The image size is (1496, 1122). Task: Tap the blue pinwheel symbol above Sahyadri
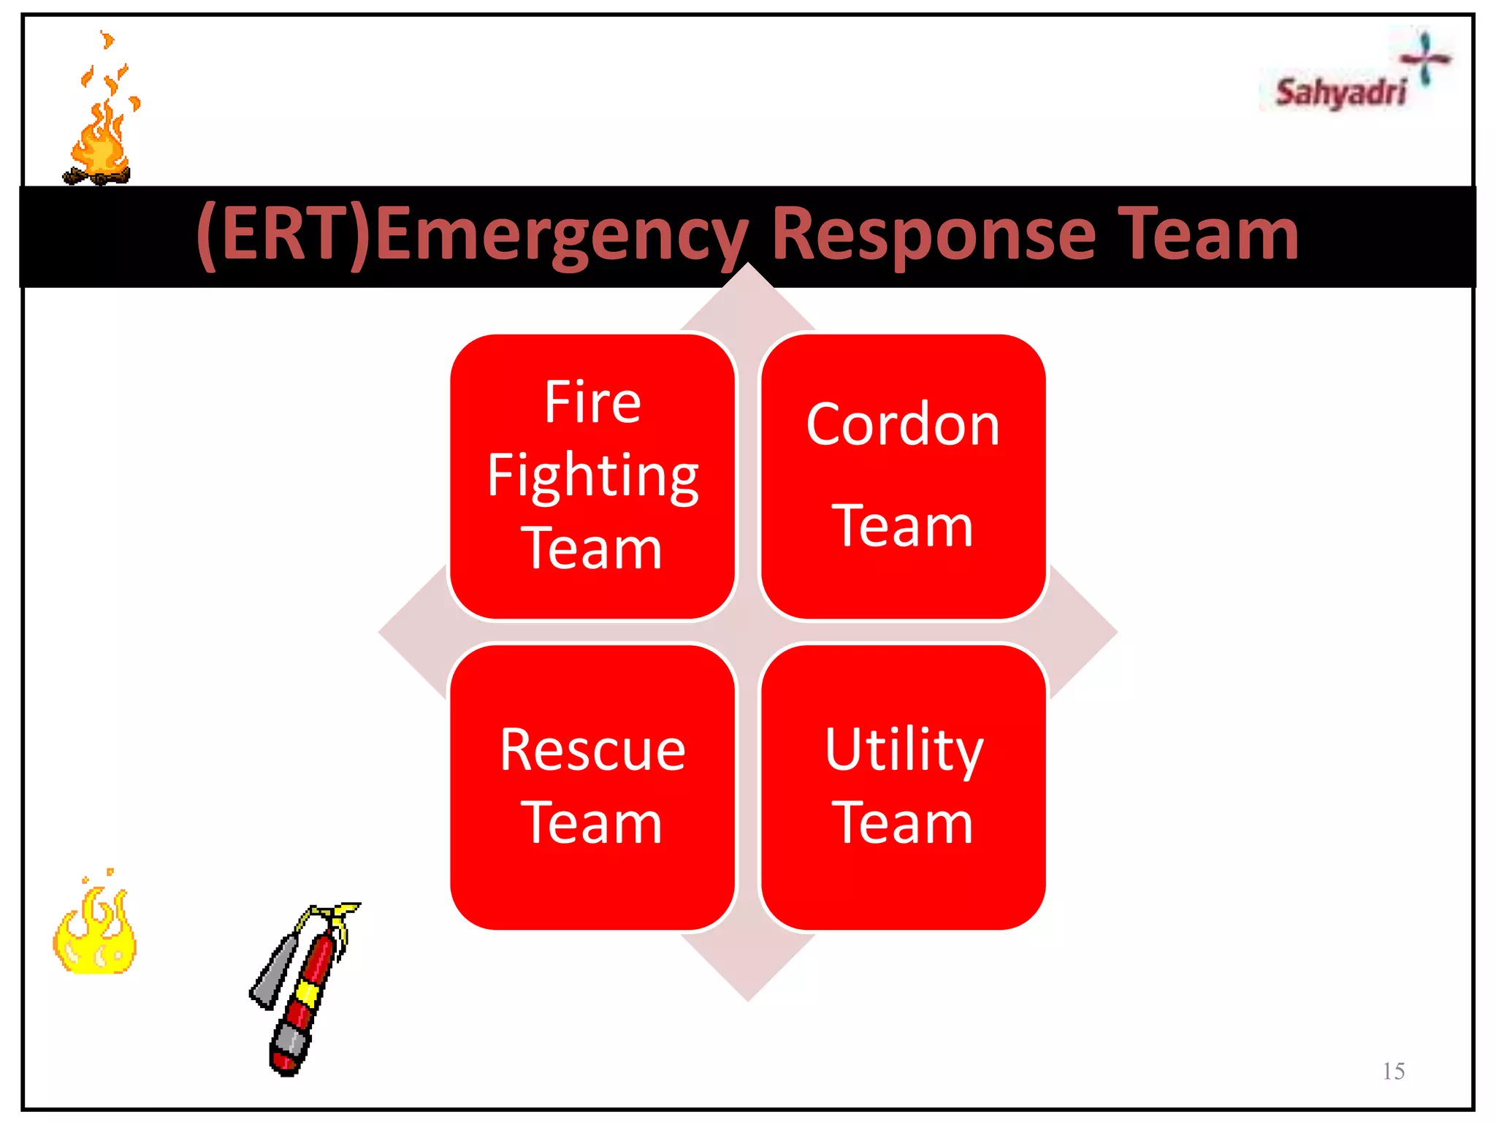pyautogui.click(x=1424, y=57)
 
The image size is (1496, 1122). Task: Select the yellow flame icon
pyautogui.click(x=95, y=931)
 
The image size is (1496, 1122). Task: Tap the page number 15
pyautogui.click(x=1393, y=1071)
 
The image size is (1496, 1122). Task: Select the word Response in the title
pyautogui.click(x=934, y=234)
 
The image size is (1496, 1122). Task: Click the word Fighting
pyautogui.click(x=592, y=476)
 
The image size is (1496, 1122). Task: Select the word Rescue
pyautogui.click(x=592, y=750)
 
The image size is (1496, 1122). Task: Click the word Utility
pyautogui.click(x=904, y=750)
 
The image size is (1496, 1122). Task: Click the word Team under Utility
pyautogui.click(x=903, y=823)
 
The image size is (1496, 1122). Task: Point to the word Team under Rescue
pyautogui.click(x=592, y=823)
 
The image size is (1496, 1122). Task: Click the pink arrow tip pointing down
pyautogui.click(x=748, y=979)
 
